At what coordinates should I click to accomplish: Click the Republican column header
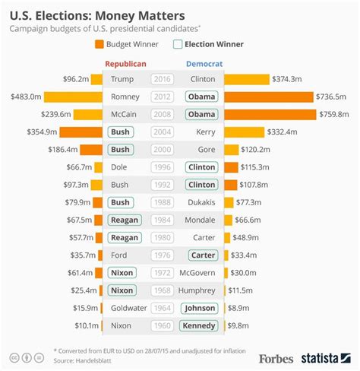125,65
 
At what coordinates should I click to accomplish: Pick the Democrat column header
204,65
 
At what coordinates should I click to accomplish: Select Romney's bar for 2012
73,97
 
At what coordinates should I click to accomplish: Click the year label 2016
162,79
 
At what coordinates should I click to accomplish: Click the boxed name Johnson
200,308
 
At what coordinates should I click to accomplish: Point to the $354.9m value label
39,132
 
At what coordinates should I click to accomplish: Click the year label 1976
162,255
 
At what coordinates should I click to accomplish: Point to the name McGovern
201,272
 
